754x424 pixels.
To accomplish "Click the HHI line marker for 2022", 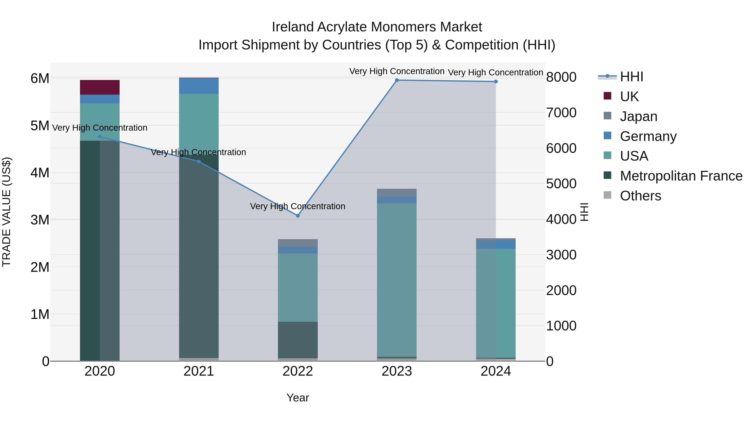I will click(x=298, y=216).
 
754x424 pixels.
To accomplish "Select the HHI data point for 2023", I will click(x=397, y=80).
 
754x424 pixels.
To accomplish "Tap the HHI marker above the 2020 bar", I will click(x=100, y=137).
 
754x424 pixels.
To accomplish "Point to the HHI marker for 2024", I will click(x=496, y=82).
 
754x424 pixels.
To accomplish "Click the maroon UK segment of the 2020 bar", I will click(x=100, y=87).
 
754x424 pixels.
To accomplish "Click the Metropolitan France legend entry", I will click(x=681, y=176).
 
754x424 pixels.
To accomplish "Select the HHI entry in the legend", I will click(x=631, y=77).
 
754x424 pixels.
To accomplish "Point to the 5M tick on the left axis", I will click(x=40, y=126).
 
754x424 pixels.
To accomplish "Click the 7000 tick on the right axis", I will click(x=561, y=113).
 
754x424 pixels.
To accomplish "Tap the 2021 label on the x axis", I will click(x=199, y=371).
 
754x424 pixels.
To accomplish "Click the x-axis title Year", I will click(x=298, y=398).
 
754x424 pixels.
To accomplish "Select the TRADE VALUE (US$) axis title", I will click(x=6, y=212).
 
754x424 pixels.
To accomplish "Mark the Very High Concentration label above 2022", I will click(x=298, y=206).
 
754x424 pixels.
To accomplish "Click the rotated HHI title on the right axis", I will click(x=584, y=212).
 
